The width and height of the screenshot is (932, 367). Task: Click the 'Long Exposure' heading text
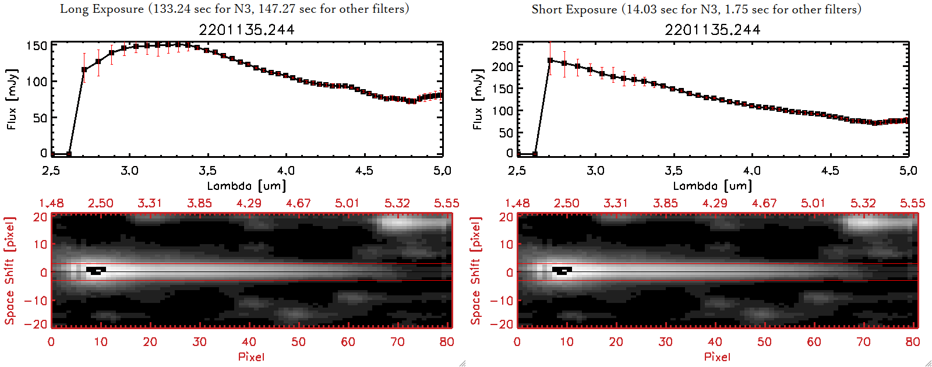tap(102, 9)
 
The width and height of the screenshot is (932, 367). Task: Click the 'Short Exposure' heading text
tap(574, 9)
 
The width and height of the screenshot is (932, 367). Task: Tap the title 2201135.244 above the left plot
tap(246, 30)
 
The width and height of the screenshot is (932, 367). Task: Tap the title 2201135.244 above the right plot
tap(712, 30)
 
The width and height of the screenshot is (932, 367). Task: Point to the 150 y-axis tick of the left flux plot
tap(37, 46)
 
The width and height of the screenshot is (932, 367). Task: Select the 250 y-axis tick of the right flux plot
tap(503, 46)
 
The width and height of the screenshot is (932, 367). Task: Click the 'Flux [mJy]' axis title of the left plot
tap(12, 99)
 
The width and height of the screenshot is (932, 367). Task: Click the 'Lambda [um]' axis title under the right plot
tap(712, 186)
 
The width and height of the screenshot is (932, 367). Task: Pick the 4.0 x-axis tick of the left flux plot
tap(285, 171)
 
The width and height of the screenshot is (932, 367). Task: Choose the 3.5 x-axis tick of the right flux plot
tap(673, 171)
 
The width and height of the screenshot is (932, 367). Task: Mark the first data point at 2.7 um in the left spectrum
tap(84, 70)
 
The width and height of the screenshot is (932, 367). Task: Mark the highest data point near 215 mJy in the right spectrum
tap(550, 61)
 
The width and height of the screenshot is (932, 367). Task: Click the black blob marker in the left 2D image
tap(96, 270)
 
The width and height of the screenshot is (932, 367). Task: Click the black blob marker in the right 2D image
tap(562, 270)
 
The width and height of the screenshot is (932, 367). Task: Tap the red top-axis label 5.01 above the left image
tap(347, 203)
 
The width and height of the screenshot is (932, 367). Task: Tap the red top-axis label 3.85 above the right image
tap(665, 203)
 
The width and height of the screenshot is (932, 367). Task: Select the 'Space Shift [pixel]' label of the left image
tap(10, 271)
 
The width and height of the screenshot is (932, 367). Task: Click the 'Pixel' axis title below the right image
tap(717, 357)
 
